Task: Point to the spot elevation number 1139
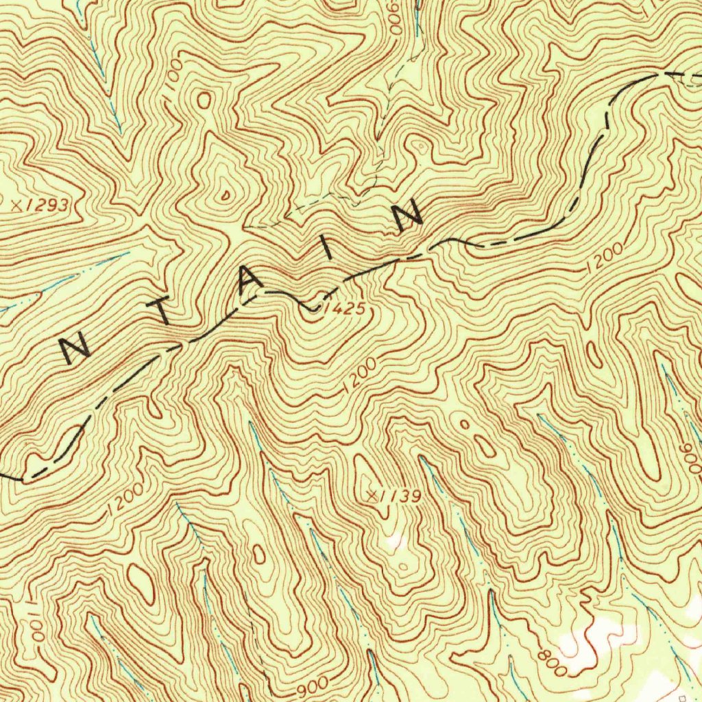[400, 496]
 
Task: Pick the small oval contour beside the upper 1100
[204, 100]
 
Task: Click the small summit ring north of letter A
[226, 194]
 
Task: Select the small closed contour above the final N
[420, 146]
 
